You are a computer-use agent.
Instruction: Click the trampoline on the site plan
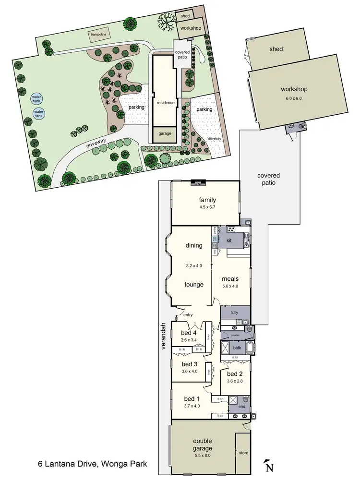tap(100, 34)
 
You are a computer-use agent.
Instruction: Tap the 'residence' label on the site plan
tap(165, 103)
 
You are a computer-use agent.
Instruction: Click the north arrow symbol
tap(269, 466)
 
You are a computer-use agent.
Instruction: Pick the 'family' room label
tap(208, 200)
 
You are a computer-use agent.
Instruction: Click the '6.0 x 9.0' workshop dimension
tap(295, 98)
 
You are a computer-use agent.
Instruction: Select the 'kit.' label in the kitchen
tap(229, 240)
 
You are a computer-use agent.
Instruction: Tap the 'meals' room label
tap(230, 278)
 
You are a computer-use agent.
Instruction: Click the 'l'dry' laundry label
tap(234, 312)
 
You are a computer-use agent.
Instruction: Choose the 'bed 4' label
tap(189, 333)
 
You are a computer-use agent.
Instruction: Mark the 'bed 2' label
tap(235, 374)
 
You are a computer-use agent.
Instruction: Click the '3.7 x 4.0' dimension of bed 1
tap(191, 406)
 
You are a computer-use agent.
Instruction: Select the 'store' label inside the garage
tap(243, 452)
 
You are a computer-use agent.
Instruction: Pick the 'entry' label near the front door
tap(188, 315)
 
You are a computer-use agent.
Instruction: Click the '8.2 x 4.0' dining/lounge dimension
tap(194, 265)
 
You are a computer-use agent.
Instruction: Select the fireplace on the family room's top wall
tap(198, 182)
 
